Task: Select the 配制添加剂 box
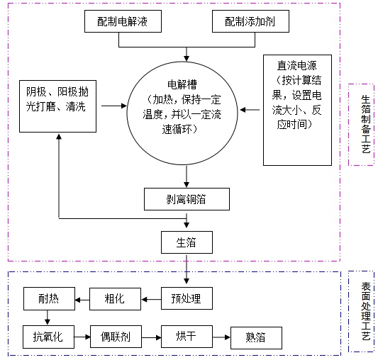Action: [x=249, y=23]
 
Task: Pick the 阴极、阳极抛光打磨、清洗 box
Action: [x=58, y=106]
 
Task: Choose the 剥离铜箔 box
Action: [x=187, y=199]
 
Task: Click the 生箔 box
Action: [x=187, y=242]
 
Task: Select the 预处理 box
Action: [x=187, y=298]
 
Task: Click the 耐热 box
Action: [x=48, y=298]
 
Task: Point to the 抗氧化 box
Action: [x=48, y=336]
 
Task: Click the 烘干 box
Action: [x=186, y=336]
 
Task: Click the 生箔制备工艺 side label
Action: [x=362, y=125]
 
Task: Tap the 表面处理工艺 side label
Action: [x=362, y=312]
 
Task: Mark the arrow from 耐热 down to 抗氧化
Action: [x=48, y=317]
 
